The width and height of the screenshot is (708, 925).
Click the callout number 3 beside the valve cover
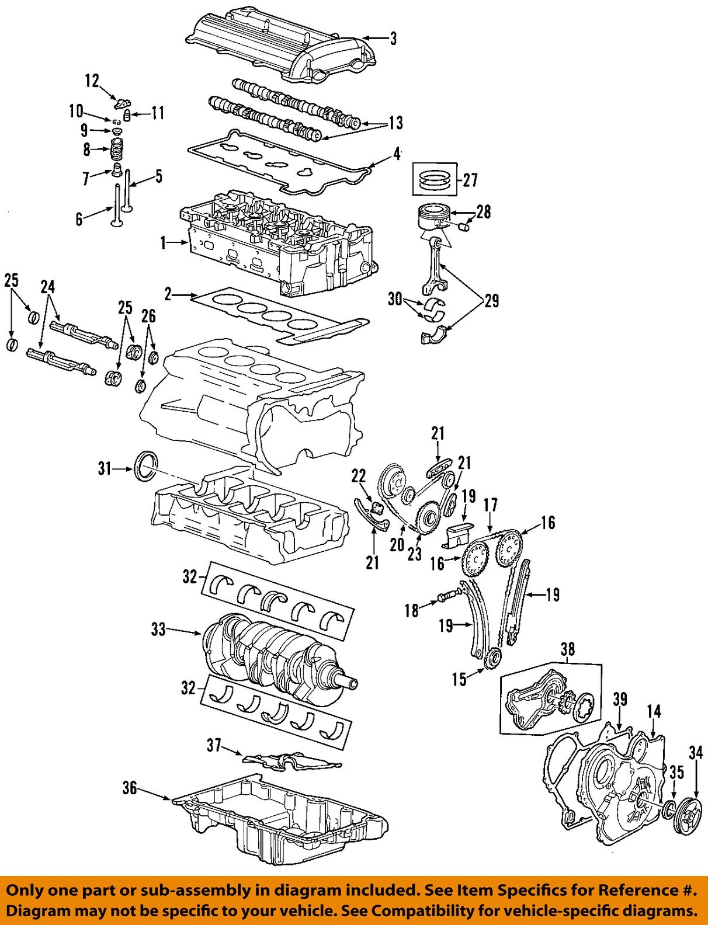(x=393, y=39)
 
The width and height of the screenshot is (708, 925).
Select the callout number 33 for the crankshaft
(x=158, y=630)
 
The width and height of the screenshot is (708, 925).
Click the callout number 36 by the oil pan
(x=130, y=788)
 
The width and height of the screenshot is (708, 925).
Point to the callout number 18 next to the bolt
(x=412, y=610)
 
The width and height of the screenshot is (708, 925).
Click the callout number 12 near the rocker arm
(x=92, y=81)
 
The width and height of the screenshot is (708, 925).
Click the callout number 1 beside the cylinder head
(x=164, y=242)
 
